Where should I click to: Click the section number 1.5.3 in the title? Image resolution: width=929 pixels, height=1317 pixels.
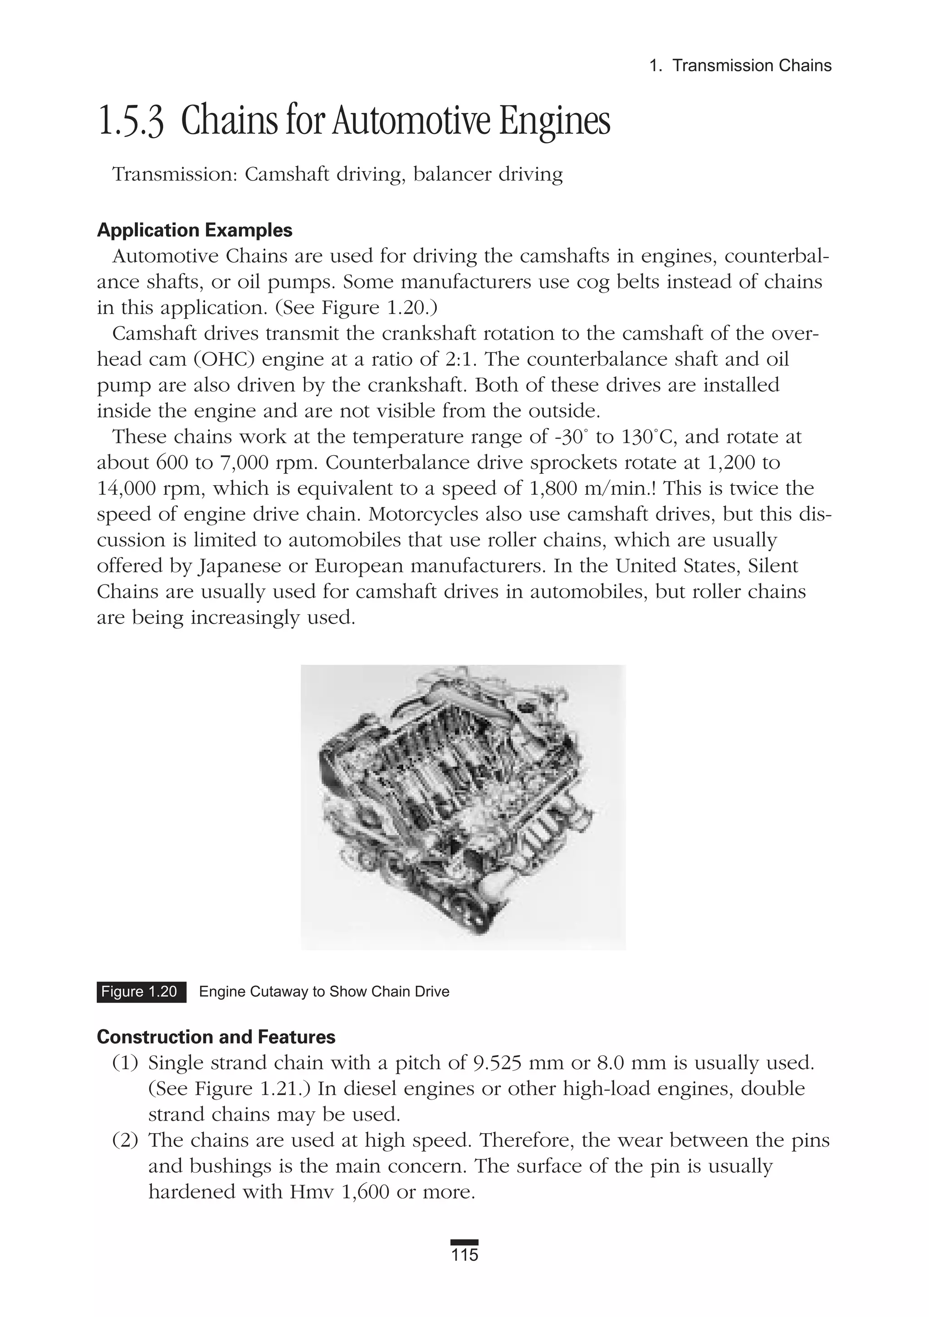[131, 122]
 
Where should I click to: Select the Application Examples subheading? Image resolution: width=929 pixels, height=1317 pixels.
[195, 230]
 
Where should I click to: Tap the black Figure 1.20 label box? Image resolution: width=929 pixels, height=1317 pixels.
[141, 992]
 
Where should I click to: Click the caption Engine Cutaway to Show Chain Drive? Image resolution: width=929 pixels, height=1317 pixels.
[324, 992]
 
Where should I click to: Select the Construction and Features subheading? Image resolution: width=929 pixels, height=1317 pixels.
[216, 1037]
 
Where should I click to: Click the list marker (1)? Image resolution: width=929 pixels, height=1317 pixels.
[125, 1063]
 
